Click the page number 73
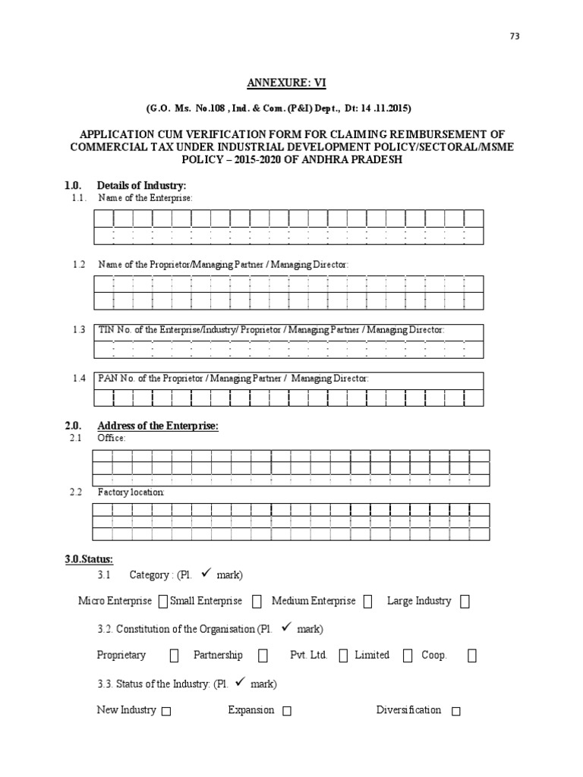515,37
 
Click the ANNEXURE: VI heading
291,82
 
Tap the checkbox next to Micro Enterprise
162,602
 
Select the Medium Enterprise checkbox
368,602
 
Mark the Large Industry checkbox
465,602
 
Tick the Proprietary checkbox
175,656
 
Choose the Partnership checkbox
263,656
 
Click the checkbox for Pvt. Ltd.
343,656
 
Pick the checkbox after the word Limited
408,656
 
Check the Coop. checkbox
472,656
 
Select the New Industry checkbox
166,712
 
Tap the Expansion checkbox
286,712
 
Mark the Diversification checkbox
455,712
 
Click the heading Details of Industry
141,186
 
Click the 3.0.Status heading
89,559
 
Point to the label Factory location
131,492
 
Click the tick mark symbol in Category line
206,574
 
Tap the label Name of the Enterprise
145,198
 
